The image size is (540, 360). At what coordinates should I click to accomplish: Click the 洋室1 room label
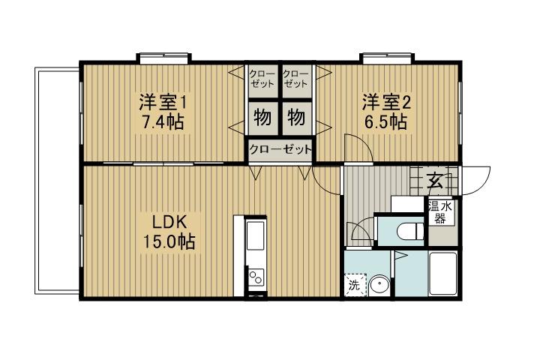160,101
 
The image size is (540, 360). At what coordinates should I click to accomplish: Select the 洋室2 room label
385,101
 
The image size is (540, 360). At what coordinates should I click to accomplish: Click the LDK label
169,223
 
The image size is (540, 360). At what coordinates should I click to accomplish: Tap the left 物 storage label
262,118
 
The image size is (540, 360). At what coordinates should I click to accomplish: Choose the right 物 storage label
296,118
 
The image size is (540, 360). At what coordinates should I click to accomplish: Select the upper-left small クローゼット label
263,79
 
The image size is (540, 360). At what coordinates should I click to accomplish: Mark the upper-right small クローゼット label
295,79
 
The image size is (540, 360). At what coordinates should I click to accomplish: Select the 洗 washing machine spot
354,285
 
